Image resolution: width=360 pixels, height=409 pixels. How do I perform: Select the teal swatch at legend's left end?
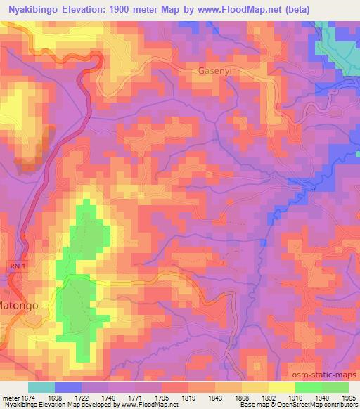point(41,387)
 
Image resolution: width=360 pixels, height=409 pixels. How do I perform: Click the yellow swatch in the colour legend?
point(282,387)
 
